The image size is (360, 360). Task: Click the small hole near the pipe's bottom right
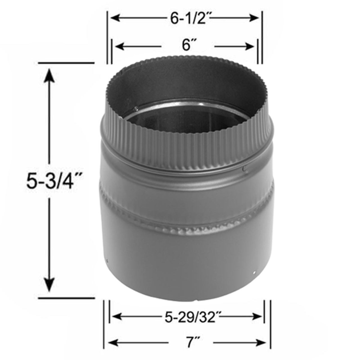click(254, 272)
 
